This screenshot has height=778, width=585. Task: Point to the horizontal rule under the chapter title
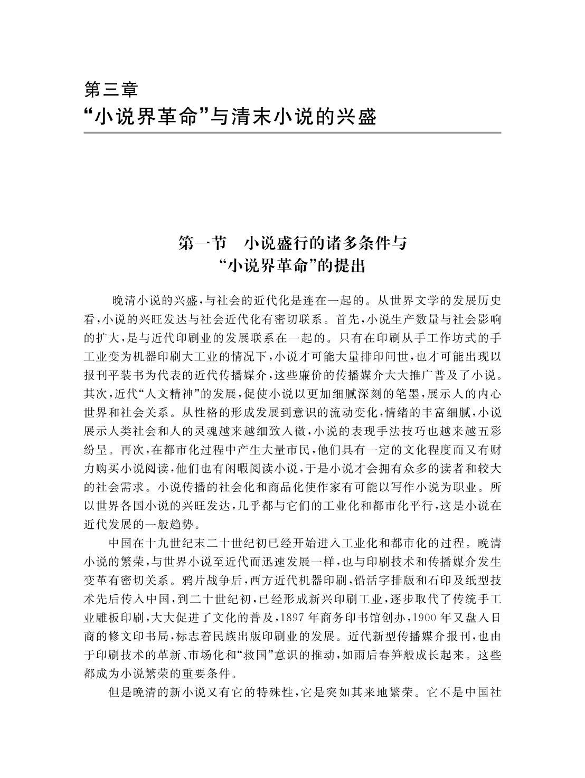coord(292,133)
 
